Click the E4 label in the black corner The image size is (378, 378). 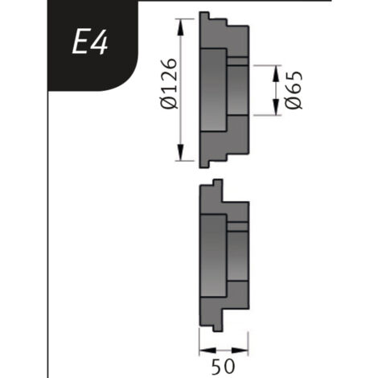click(x=90, y=42)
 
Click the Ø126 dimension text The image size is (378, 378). click(x=169, y=84)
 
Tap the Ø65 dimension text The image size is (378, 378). click(x=294, y=90)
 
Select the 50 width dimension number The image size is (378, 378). click(x=223, y=366)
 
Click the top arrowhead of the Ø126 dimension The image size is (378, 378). click(x=181, y=27)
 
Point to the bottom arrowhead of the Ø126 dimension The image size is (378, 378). click(x=181, y=152)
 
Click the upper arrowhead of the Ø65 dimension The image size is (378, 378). click(x=276, y=73)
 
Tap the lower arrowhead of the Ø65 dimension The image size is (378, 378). click(x=276, y=107)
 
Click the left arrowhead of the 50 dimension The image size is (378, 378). click(x=208, y=350)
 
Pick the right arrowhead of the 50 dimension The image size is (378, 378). click(x=240, y=350)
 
